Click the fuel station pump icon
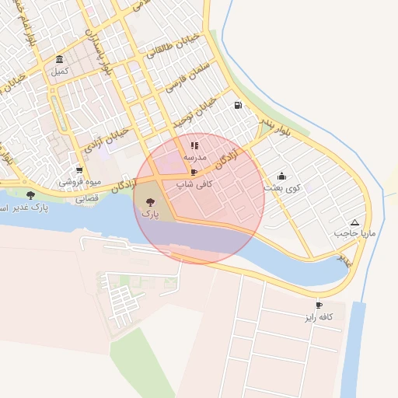point(237,106)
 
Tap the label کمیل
point(60,72)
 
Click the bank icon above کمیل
point(60,60)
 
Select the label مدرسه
point(194,157)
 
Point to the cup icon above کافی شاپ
point(194,172)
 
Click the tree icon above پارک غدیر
point(30,195)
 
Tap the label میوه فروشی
point(80,183)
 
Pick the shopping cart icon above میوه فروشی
point(79,170)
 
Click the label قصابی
point(86,198)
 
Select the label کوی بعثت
point(281,188)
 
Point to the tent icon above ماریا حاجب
point(354,222)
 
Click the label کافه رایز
point(319,317)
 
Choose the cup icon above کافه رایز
point(319,305)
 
